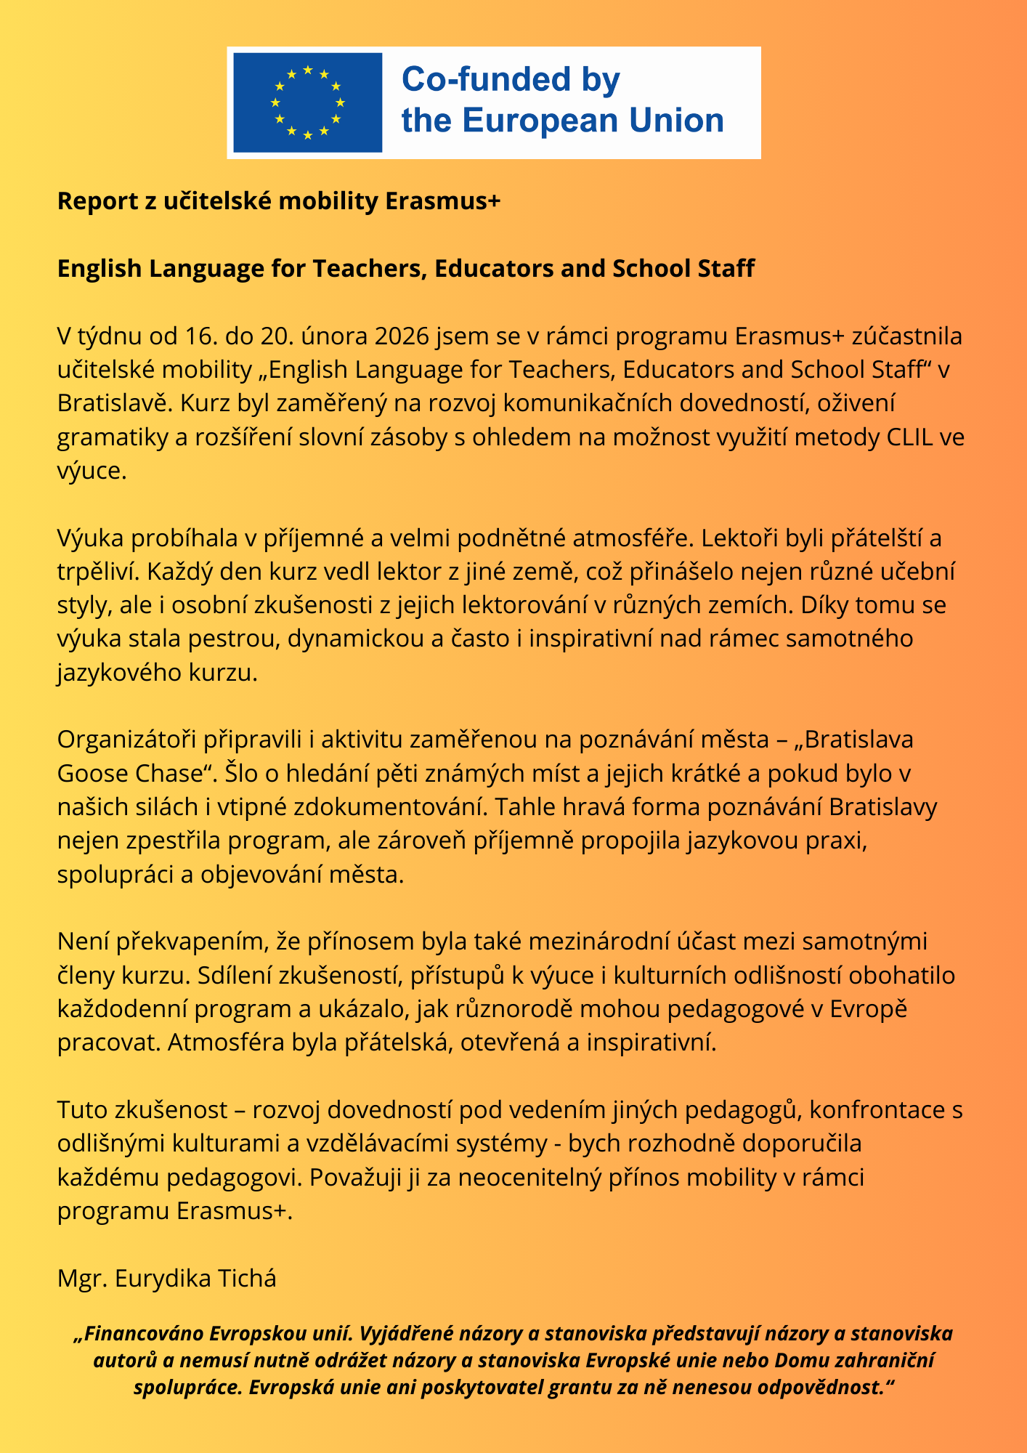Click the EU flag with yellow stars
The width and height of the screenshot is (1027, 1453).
tap(307, 102)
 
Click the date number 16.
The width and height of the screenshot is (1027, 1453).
tap(198, 336)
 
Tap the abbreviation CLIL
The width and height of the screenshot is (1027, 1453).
tap(910, 437)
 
